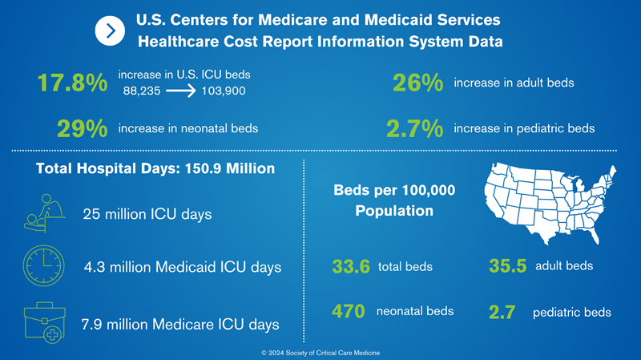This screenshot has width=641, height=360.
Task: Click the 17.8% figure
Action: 72,83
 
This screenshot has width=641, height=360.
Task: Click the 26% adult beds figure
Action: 418,83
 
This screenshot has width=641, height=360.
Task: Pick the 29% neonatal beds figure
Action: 83,129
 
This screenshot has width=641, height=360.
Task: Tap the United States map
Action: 549,202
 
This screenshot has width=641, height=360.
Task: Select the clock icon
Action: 44,265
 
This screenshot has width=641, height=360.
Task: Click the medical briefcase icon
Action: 44,321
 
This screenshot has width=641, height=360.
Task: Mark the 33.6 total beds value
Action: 349,267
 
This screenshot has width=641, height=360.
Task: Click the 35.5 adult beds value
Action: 506,267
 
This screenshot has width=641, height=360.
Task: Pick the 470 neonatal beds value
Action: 349,311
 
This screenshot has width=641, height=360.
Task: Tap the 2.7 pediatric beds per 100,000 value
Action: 506,312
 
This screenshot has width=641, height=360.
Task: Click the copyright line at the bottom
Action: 320,353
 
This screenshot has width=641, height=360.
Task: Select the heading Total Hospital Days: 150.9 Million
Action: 155,169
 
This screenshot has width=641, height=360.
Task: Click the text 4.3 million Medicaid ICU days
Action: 182,267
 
